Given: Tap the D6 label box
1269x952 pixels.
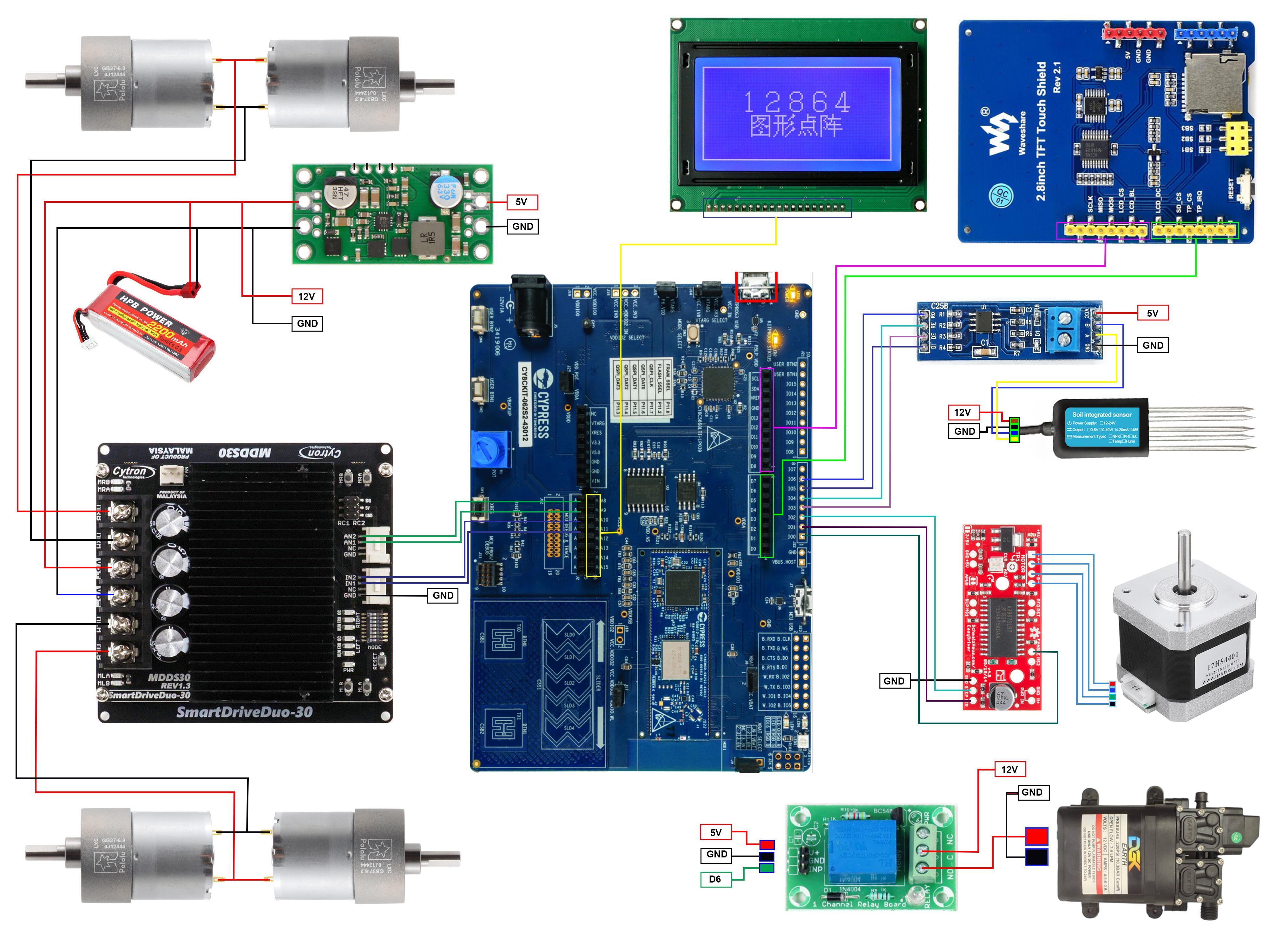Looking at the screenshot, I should pyautogui.click(x=715, y=879).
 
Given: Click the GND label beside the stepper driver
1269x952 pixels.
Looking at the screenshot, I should pyautogui.click(x=894, y=681).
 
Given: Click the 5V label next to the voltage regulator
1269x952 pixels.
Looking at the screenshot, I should pyautogui.click(x=522, y=202).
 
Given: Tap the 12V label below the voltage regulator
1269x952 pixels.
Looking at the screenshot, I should pyautogui.click(x=307, y=297).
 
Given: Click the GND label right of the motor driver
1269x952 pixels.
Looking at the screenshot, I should pyautogui.click(x=443, y=596).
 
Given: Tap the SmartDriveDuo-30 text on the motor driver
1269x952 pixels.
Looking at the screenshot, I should pyautogui.click(x=244, y=712).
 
